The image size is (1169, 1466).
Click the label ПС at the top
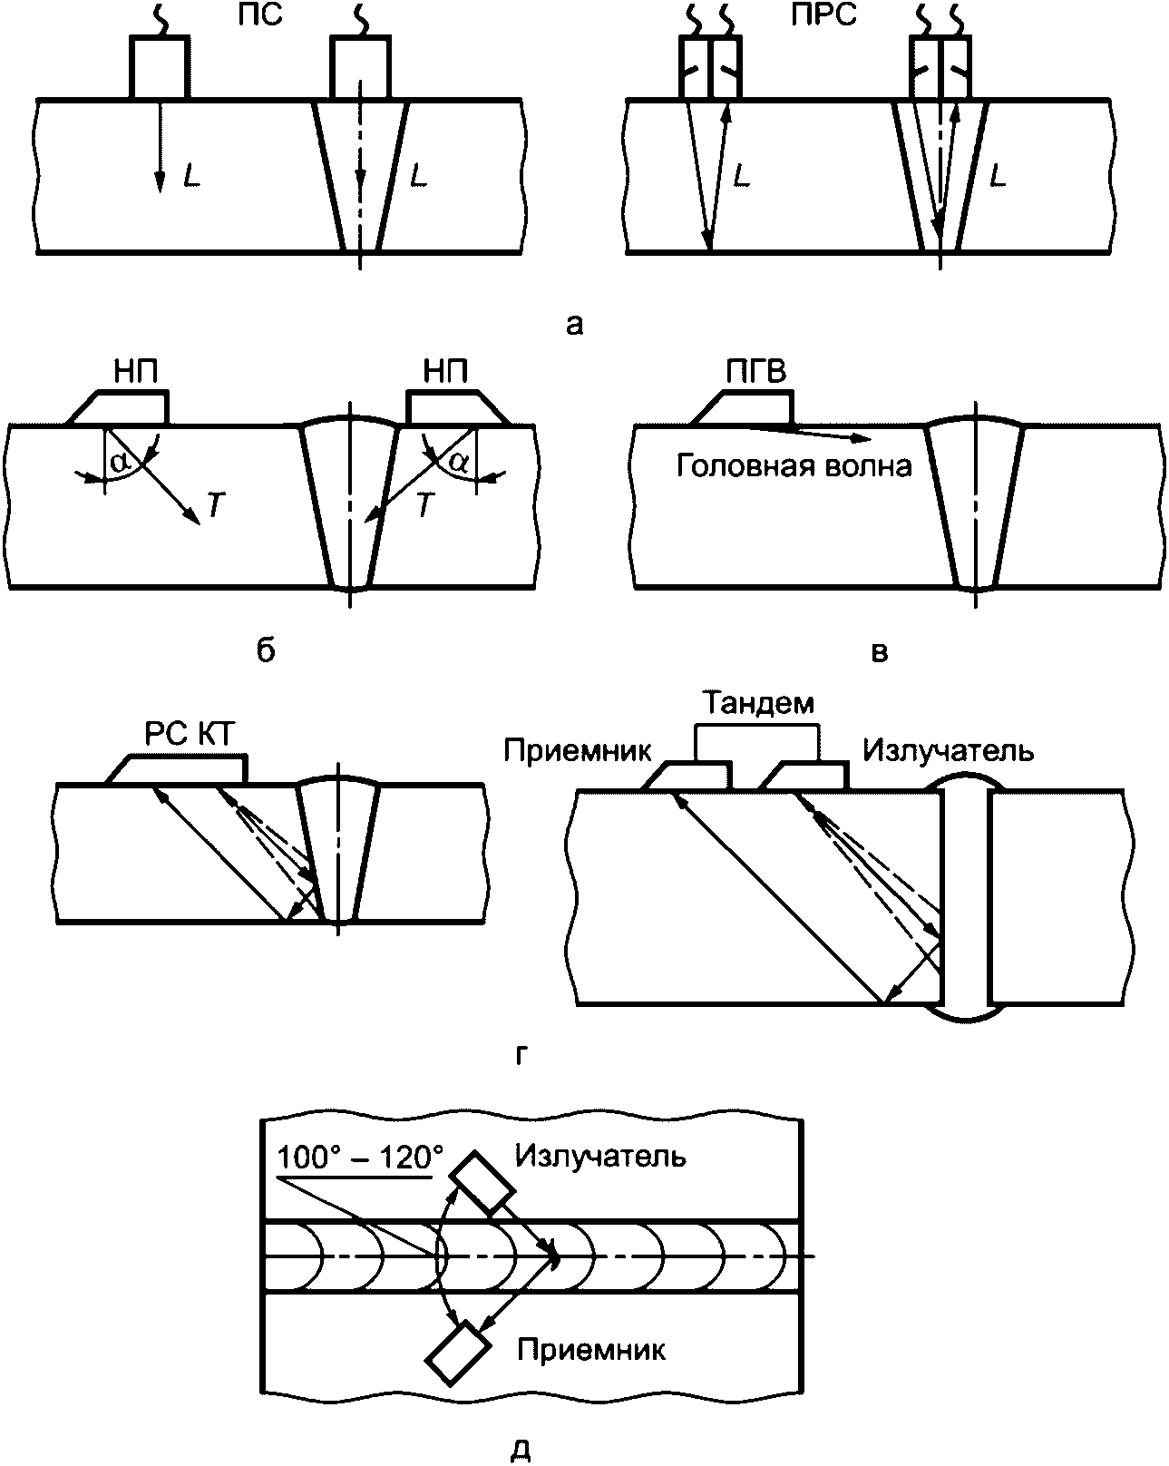(x=260, y=15)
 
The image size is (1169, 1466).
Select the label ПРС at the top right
(x=823, y=15)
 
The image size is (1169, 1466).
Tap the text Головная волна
(x=794, y=467)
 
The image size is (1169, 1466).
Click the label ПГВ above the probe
(x=756, y=372)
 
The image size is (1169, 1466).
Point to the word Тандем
(x=758, y=703)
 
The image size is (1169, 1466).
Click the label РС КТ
(x=190, y=735)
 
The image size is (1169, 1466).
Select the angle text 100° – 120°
(x=360, y=1157)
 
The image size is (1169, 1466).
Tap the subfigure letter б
(x=266, y=650)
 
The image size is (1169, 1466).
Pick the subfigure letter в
(x=881, y=652)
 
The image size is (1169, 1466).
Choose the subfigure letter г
(x=521, y=1054)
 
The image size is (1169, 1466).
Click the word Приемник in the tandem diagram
(x=578, y=751)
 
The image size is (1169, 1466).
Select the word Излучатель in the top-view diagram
(x=600, y=1156)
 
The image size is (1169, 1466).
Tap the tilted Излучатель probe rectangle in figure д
(x=482, y=1183)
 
